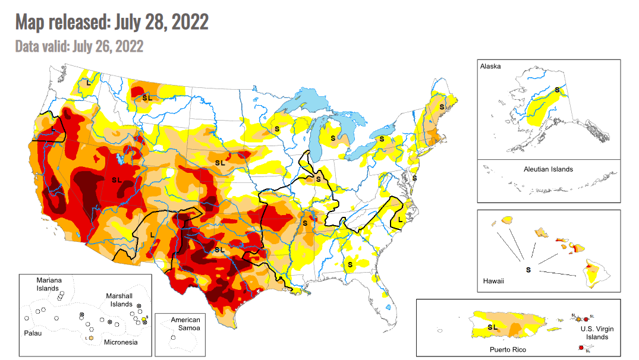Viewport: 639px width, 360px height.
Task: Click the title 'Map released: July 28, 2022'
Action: tap(112, 22)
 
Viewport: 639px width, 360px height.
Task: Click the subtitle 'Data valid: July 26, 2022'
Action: tap(79, 46)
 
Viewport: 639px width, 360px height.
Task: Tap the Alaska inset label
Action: tap(490, 67)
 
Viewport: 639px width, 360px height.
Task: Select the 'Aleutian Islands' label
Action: tap(548, 169)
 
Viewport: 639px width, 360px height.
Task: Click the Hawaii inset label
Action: tap(493, 281)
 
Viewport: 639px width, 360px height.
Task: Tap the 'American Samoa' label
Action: tap(185, 324)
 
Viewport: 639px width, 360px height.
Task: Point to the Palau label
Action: tap(32, 333)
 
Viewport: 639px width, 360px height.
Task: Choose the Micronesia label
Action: tap(121, 342)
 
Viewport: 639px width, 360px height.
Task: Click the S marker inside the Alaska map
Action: tap(557, 90)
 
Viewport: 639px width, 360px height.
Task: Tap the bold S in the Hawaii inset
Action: tap(528, 270)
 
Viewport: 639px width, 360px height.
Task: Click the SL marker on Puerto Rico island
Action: tap(492, 327)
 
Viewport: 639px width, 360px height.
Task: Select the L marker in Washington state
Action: tap(89, 83)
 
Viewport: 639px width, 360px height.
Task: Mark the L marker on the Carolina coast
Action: tap(400, 220)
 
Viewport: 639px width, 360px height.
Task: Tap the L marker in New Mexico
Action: tap(152, 235)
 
